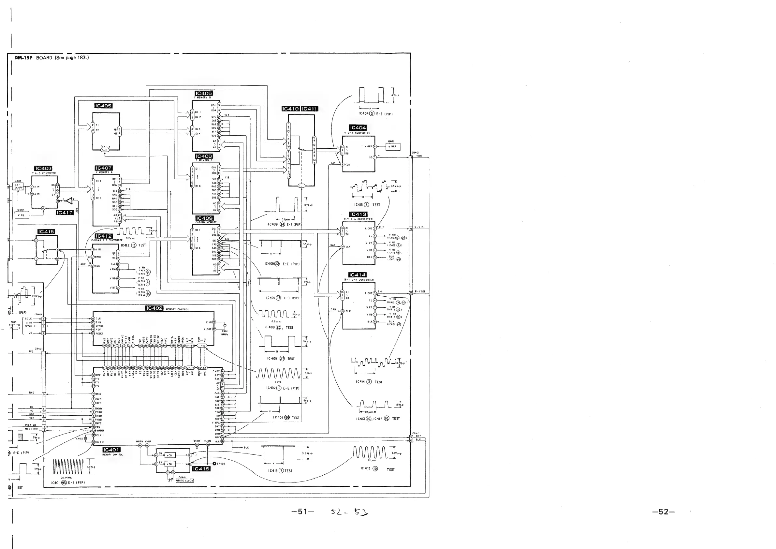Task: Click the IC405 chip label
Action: tap(103, 106)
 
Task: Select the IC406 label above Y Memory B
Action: tap(204, 93)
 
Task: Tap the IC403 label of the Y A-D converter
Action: tap(43, 168)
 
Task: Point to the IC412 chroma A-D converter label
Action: tap(103, 236)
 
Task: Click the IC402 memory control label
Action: tap(154, 308)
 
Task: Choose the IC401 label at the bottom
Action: tap(111, 450)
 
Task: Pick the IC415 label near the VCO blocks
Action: tap(201, 469)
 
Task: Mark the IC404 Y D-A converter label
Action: tap(358, 128)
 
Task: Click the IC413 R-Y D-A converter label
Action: tap(358, 214)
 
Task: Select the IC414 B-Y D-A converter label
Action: tap(357, 275)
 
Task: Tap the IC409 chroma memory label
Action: tap(204, 218)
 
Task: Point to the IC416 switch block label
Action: tap(46, 231)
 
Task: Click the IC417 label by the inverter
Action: tap(65, 213)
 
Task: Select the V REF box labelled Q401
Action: tap(392, 147)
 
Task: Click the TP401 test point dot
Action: tap(214, 464)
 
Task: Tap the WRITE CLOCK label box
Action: tap(184, 481)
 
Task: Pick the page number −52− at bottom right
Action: tap(663, 512)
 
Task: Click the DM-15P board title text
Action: tap(52, 58)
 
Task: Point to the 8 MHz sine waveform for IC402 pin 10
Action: tap(278, 373)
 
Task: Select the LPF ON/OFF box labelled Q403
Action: tap(18, 186)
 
